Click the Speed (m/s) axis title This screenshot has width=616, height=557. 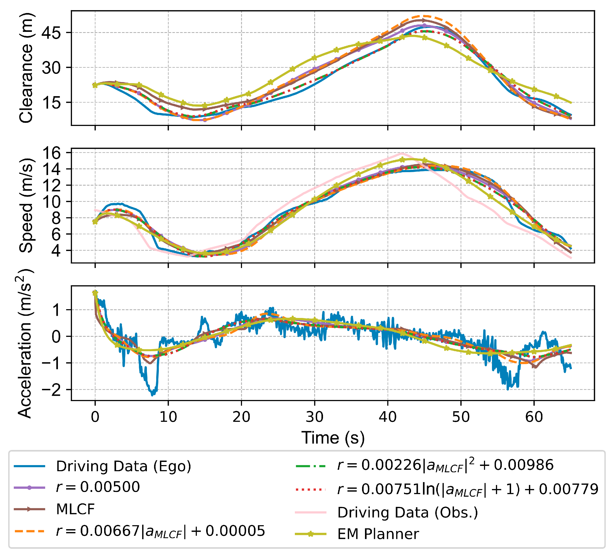(x=26, y=205)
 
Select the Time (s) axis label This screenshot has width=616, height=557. (x=333, y=437)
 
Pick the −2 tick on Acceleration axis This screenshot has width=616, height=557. (x=51, y=390)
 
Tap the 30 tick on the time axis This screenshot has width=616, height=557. (x=315, y=417)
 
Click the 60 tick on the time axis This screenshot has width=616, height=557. (x=534, y=417)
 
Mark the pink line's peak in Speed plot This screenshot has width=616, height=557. (x=402, y=153)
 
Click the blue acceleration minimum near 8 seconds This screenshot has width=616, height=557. (x=153, y=394)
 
